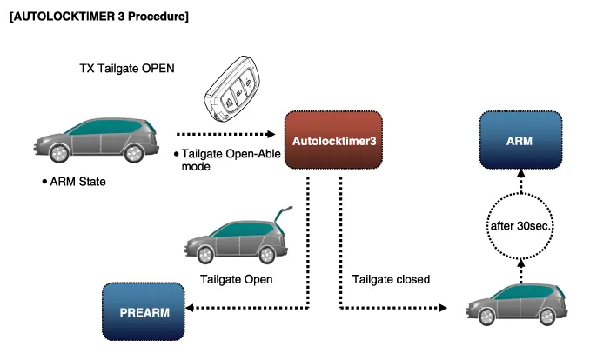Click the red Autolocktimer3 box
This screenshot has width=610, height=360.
point(334,140)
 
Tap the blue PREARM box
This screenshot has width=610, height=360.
point(144,310)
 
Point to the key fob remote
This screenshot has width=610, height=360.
point(231,93)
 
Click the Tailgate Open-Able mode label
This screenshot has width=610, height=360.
point(217,160)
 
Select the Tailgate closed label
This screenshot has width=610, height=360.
point(392,280)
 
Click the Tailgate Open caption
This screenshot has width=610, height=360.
point(237,280)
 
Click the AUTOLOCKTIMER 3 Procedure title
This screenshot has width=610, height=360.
point(98,17)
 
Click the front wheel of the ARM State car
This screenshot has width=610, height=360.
point(59,155)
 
